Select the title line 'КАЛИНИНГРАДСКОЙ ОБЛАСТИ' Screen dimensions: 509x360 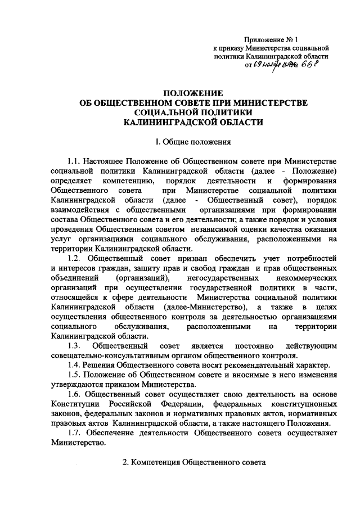[193, 121]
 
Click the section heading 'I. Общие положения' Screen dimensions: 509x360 [193, 142]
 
